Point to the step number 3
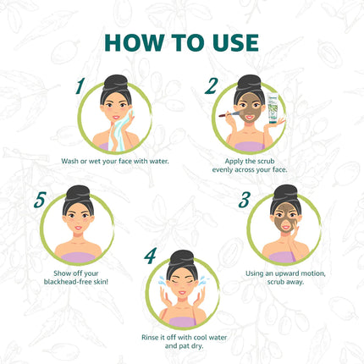[x=244, y=201]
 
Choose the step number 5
[x=41, y=201]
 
